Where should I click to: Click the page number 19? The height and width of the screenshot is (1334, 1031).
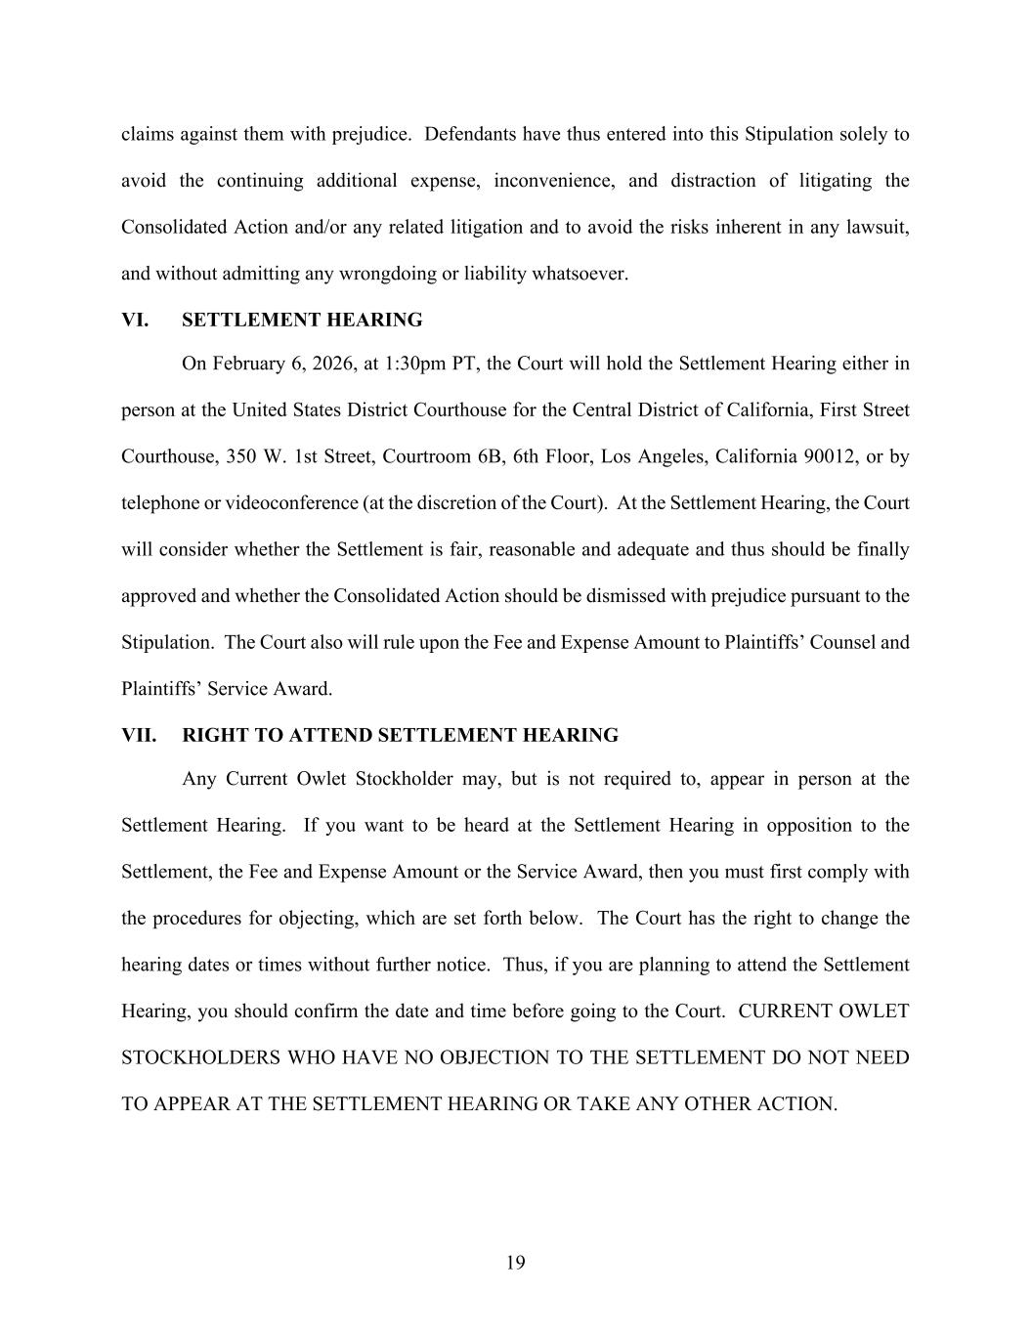click(515, 1263)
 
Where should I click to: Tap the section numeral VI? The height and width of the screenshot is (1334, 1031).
click(135, 320)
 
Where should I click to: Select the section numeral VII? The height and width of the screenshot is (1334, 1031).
click(139, 735)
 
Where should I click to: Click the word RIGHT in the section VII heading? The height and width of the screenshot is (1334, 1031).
click(212, 735)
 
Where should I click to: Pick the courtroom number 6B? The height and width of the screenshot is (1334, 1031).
click(487, 456)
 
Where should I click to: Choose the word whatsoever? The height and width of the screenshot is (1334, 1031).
click(580, 274)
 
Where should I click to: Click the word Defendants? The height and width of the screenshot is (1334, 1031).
click(469, 134)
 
